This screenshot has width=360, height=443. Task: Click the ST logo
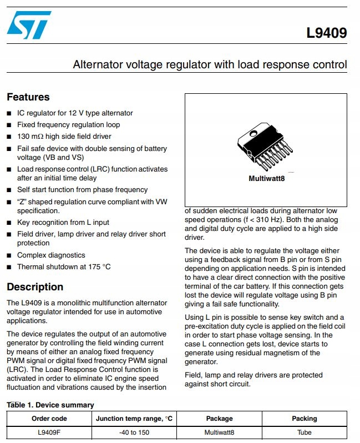click(29, 26)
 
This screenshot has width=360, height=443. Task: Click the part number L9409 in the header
click(326, 33)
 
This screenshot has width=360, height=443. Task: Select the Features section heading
click(28, 97)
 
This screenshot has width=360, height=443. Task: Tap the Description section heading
click(35, 287)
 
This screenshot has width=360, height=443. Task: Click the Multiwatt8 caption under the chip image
click(266, 179)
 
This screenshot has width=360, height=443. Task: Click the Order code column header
click(49, 419)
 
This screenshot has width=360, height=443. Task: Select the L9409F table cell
click(49, 432)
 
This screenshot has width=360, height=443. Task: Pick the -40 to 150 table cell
click(134, 432)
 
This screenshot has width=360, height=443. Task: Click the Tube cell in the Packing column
click(304, 432)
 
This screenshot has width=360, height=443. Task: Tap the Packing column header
click(304, 419)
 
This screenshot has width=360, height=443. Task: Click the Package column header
click(219, 419)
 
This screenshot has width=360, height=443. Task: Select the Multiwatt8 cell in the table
click(219, 432)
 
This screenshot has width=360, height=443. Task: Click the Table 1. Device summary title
click(50, 405)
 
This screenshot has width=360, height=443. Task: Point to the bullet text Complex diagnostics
click(51, 255)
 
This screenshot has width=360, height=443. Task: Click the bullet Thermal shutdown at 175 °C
click(64, 267)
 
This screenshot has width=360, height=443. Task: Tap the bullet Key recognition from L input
click(63, 223)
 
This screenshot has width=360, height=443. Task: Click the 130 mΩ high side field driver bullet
click(64, 137)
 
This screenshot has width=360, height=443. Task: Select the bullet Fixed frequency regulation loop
click(68, 125)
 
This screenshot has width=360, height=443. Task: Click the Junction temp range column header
click(134, 419)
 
